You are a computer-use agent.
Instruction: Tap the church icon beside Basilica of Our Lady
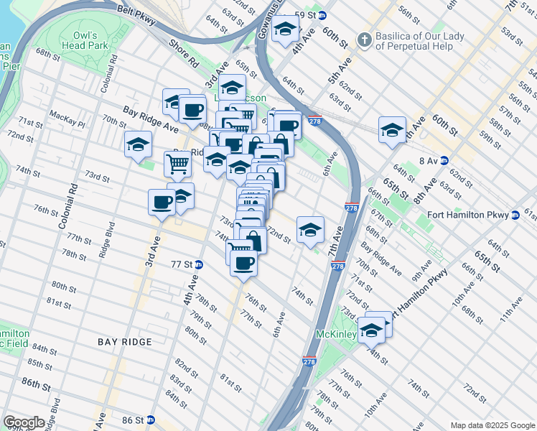tap(365, 40)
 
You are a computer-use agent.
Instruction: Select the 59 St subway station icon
tap(322, 15)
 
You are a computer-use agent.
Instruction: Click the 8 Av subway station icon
tap(444, 161)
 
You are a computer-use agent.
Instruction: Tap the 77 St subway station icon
tap(199, 264)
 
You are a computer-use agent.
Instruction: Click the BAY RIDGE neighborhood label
tap(127, 343)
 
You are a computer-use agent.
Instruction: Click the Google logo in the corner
tap(24, 422)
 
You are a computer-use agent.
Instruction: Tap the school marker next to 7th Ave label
tap(310, 230)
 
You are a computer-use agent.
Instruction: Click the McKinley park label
tap(335, 335)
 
